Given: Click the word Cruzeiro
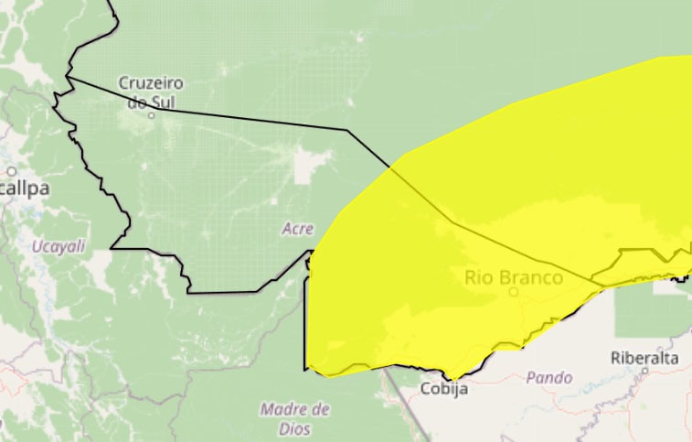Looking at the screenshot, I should (151, 83).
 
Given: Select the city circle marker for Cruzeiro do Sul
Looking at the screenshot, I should (152, 115).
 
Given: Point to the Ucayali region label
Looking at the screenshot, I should (59, 246).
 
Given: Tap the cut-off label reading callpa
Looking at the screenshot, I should (25, 189).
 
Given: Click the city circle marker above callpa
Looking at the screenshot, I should (12, 171).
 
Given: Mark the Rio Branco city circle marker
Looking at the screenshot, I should (514, 292).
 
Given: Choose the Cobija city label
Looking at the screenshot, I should (444, 389).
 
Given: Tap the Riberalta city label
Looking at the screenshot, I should (646, 358).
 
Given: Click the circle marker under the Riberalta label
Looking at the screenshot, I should (646, 371).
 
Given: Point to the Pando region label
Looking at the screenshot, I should (549, 377).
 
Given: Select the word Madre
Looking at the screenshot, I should (294, 408).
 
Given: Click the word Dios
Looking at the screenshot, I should (296, 428).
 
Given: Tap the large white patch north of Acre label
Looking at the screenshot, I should (309, 166).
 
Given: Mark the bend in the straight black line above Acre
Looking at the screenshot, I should (346, 130).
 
